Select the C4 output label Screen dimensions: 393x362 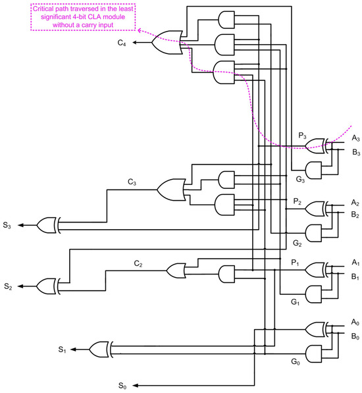coord(123,44)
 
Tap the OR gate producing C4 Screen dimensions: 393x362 coord(165,44)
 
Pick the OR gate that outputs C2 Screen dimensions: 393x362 coord(178,271)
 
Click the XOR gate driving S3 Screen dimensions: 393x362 coord(49,225)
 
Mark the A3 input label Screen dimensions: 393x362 coord(355,138)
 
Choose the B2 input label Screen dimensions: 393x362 coord(355,215)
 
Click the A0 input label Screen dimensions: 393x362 coord(355,322)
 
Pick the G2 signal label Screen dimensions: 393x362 coord(297,243)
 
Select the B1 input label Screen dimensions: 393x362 coord(355,277)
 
